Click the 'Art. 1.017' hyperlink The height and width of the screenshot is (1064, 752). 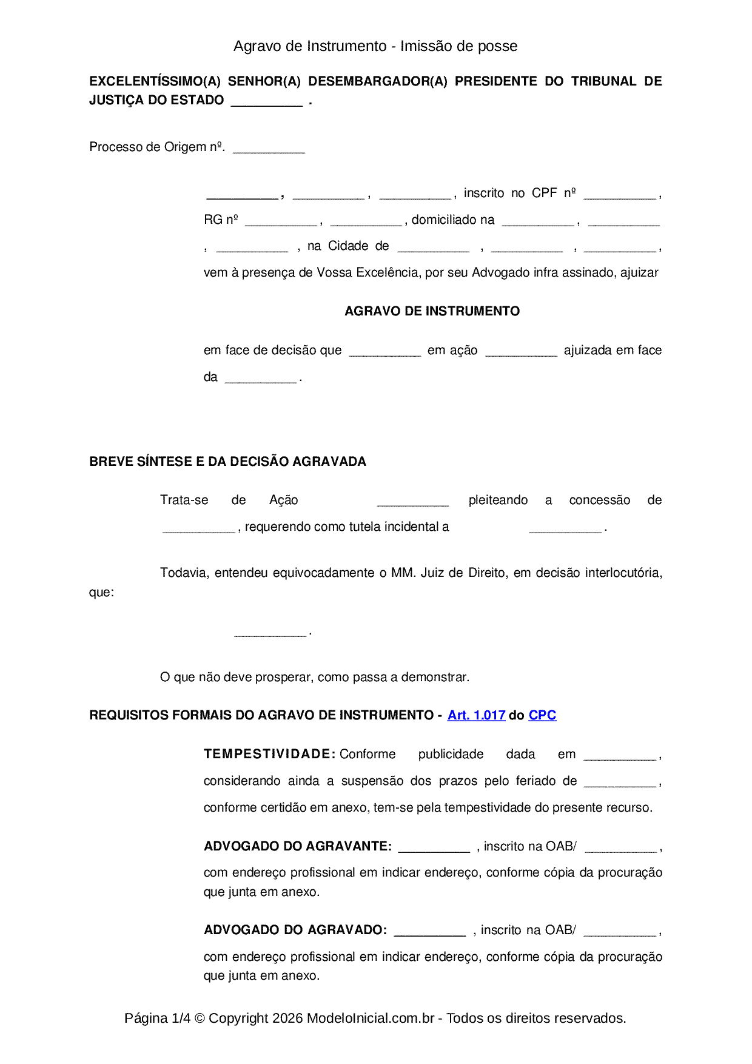476,715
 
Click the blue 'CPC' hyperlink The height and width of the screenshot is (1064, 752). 542,715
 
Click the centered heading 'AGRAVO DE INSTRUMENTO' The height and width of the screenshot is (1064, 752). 432,311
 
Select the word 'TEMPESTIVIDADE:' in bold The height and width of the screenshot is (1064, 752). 269,754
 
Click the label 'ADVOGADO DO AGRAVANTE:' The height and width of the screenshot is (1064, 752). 298,846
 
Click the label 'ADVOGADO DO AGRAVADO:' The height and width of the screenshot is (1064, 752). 295,930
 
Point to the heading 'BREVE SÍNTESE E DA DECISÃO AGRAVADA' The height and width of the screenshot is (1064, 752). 227,462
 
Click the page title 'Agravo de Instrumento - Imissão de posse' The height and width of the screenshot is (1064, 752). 375,46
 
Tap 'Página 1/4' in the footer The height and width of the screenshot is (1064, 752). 157,1018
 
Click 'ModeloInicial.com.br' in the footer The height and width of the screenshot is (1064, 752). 370,1018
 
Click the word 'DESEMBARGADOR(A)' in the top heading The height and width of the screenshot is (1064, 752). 377,81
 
